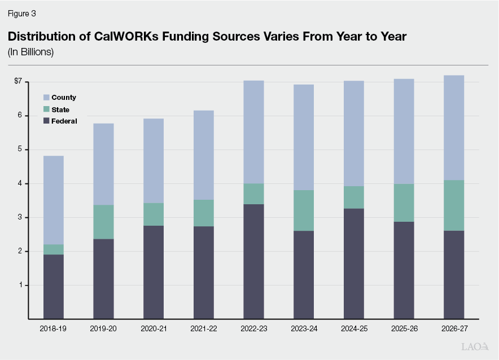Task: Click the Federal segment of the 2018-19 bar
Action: (x=54, y=287)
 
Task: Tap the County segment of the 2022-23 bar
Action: (x=253, y=132)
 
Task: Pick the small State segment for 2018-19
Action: (x=54, y=249)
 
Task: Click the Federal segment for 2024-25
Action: (x=354, y=264)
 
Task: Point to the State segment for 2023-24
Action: (x=304, y=210)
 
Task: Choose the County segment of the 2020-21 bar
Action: (x=154, y=161)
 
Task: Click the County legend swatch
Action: (x=47, y=98)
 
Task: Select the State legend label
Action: (x=60, y=109)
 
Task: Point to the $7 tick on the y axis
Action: (x=18, y=82)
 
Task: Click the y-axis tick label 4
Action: (x=19, y=183)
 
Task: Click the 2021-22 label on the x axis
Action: (x=203, y=328)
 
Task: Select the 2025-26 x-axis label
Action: (x=404, y=328)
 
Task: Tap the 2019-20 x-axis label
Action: (x=103, y=328)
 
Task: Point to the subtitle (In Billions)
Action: (x=30, y=52)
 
